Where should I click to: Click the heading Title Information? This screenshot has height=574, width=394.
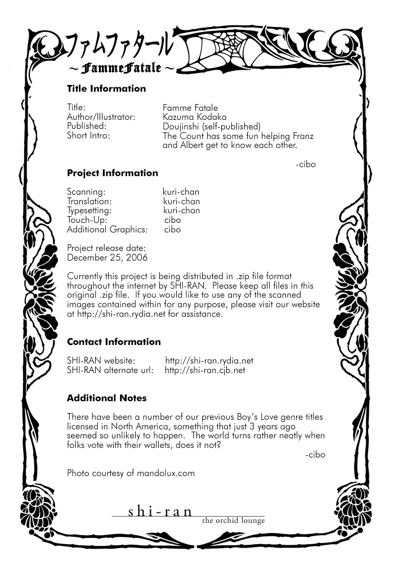click(106, 88)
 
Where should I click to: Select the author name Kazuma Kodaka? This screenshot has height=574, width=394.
click(195, 117)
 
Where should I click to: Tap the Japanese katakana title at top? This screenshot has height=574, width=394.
click(125, 48)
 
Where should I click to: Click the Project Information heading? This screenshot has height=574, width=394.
click(112, 173)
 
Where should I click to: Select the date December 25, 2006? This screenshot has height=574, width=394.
click(107, 258)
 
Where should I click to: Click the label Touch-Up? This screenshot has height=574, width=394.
click(87, 220)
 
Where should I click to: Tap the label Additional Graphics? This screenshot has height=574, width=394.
click(107, 230)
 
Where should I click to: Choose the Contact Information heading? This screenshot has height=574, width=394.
click(114, 342)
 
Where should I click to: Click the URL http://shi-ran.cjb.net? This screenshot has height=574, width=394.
click(205, 370)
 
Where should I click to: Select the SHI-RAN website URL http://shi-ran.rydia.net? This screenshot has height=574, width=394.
click(209, 361)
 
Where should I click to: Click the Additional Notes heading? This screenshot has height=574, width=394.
click(106, 398)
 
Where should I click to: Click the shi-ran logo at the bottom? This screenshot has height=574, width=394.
click(160, 512)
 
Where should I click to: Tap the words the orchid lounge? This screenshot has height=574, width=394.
click(234, 521)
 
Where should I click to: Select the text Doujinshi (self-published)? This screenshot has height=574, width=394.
click(211, 126)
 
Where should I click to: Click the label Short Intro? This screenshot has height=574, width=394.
click(88, 136)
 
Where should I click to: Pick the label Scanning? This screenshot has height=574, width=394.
click(86, 192)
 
